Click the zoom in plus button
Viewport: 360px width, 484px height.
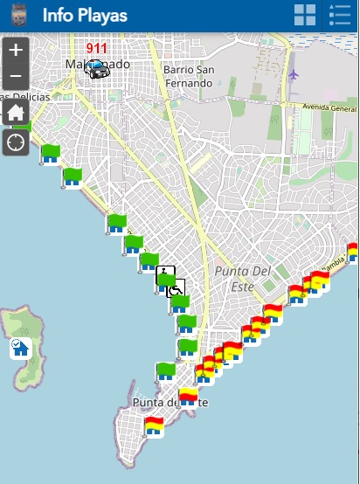click(x=16, y=50)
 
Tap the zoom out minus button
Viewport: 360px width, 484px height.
click(x=16, y=78)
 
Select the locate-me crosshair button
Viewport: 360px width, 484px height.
click(x=16, y=142)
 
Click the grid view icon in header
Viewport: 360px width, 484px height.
click(x=305, y=15)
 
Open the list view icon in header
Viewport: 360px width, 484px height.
click(x=339, y=15)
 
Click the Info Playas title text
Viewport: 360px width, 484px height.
click(x=84, y=16)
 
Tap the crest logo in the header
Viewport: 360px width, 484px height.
click(x=19, y=16)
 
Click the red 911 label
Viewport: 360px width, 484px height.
click(x=96, y=49)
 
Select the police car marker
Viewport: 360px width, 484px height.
click(x=97, y=69)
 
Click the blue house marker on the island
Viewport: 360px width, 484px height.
click(x=19, y=348)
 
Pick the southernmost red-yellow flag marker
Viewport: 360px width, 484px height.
click(x=155, y=426)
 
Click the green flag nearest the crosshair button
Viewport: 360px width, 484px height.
click(x=50, y=154)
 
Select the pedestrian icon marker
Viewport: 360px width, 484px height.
click(x=165, y=273)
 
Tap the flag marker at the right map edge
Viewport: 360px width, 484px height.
click(x=353, y=252)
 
